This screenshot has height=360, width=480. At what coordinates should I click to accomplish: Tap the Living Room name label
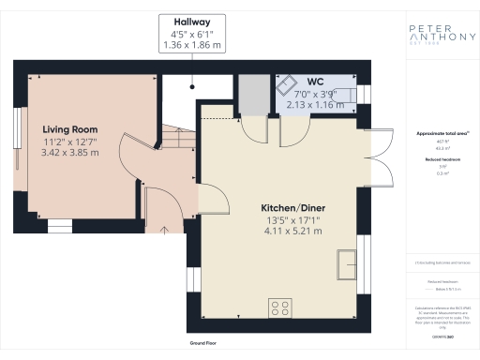(70, 129)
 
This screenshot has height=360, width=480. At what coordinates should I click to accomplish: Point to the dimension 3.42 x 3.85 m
(70, 152)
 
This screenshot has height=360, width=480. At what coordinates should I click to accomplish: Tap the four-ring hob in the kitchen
(278, 306)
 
